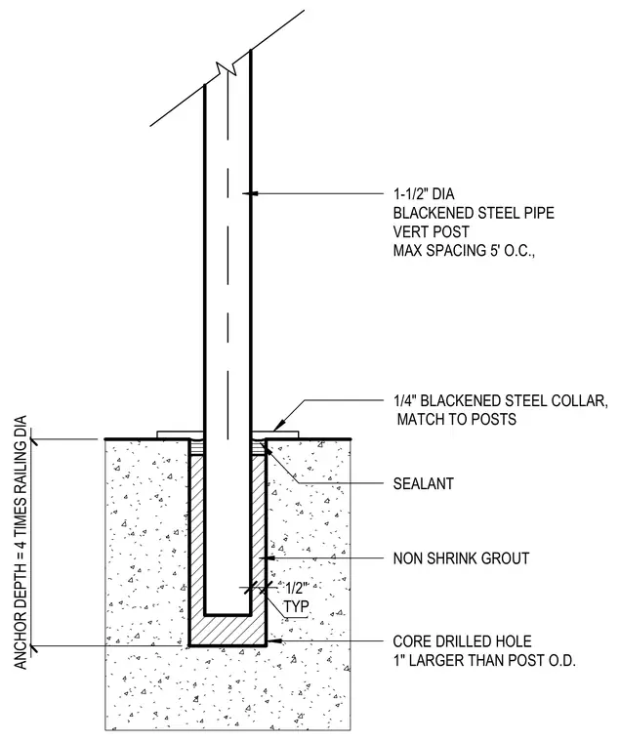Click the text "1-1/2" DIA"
[x=424, y=194]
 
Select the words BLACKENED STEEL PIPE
[x=474, y=213]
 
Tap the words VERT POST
[x=432, y=232]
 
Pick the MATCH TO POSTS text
[x=457, y=419]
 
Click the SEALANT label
[x=424, y=483]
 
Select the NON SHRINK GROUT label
[x=461, y=558]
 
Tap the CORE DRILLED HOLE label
[x=463, y=641]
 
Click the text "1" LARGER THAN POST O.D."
[x=484, y=661]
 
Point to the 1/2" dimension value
[x=296, y=589]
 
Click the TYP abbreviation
[x=296, y=606]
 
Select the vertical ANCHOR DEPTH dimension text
[x=21, y=542]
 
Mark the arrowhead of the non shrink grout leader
[x=268, y=558]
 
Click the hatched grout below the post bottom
[x=227, y=630]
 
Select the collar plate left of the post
[x=180, y=434]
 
